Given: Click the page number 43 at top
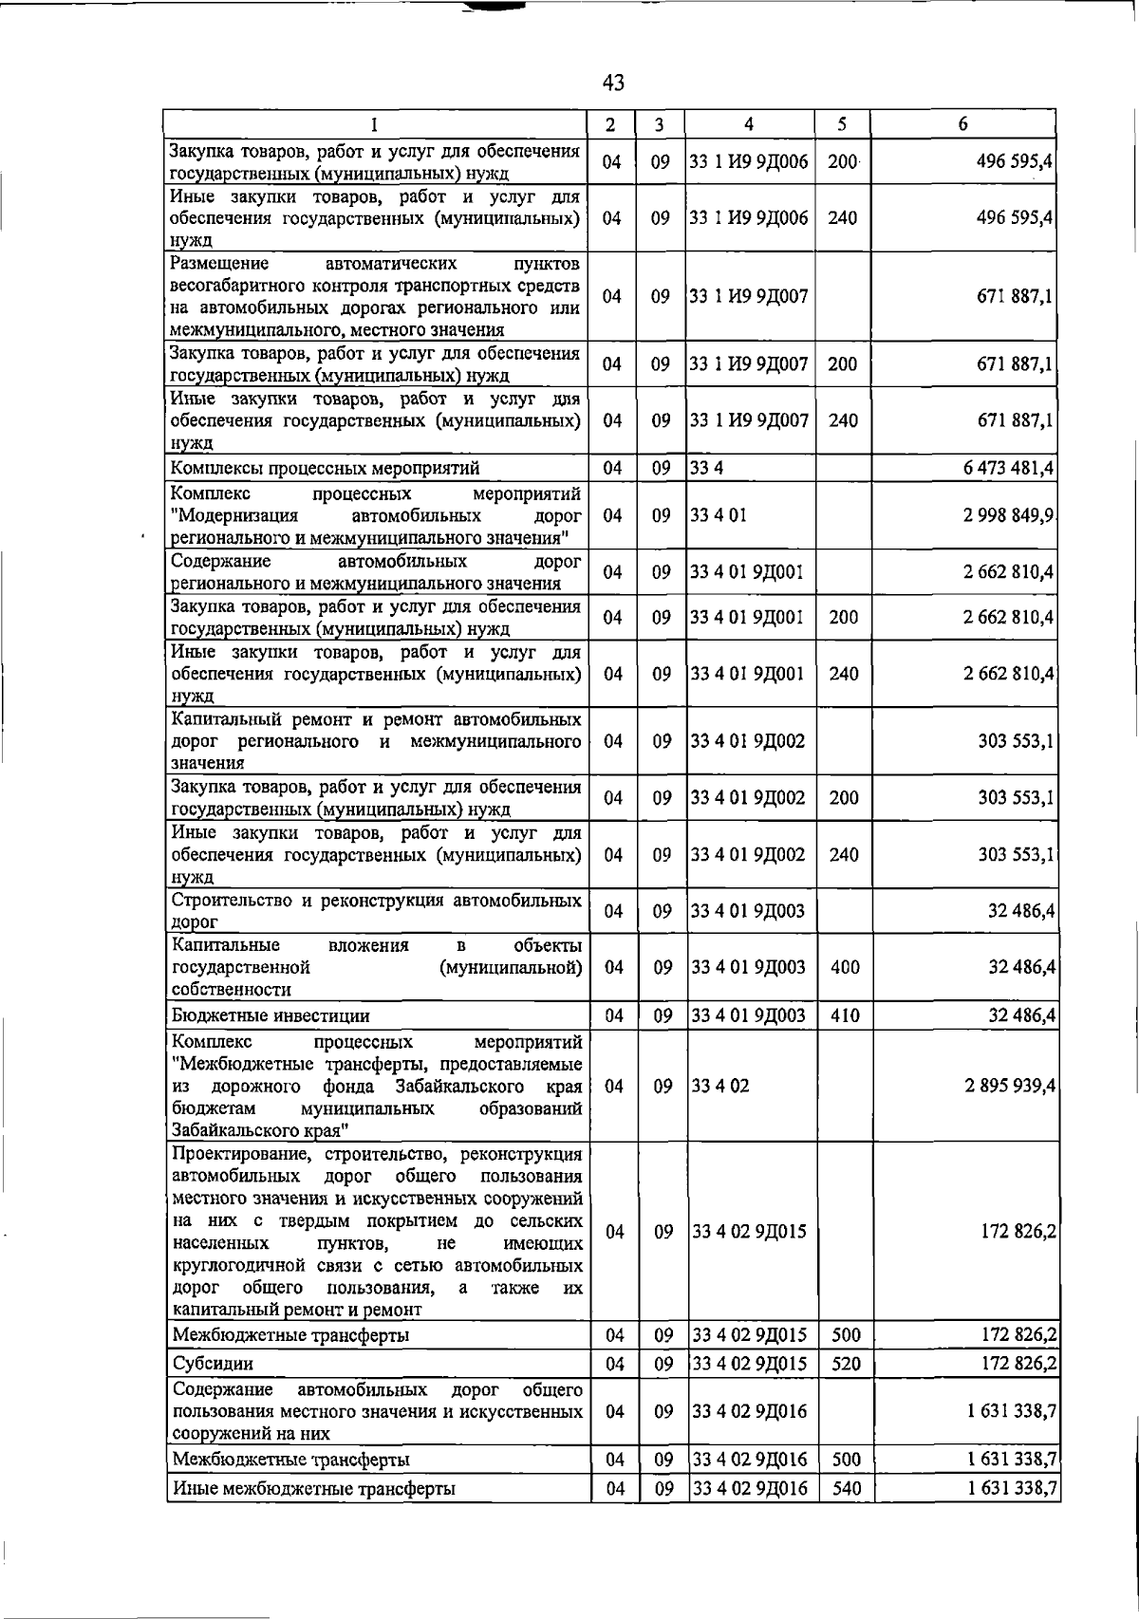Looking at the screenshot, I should point(613,84).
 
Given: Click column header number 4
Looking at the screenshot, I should point(749,124).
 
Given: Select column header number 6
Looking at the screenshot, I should point(962,124).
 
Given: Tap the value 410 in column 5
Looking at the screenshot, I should point(844,1015).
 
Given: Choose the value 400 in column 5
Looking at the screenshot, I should point(844,967).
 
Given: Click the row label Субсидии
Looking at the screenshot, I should point(213,1364).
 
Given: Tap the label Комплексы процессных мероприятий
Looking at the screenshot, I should point(325,468).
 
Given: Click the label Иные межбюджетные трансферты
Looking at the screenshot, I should point(313,1489).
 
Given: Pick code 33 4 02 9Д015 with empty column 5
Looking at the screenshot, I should point(749,1232).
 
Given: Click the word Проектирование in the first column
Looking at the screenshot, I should point(243,1155).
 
